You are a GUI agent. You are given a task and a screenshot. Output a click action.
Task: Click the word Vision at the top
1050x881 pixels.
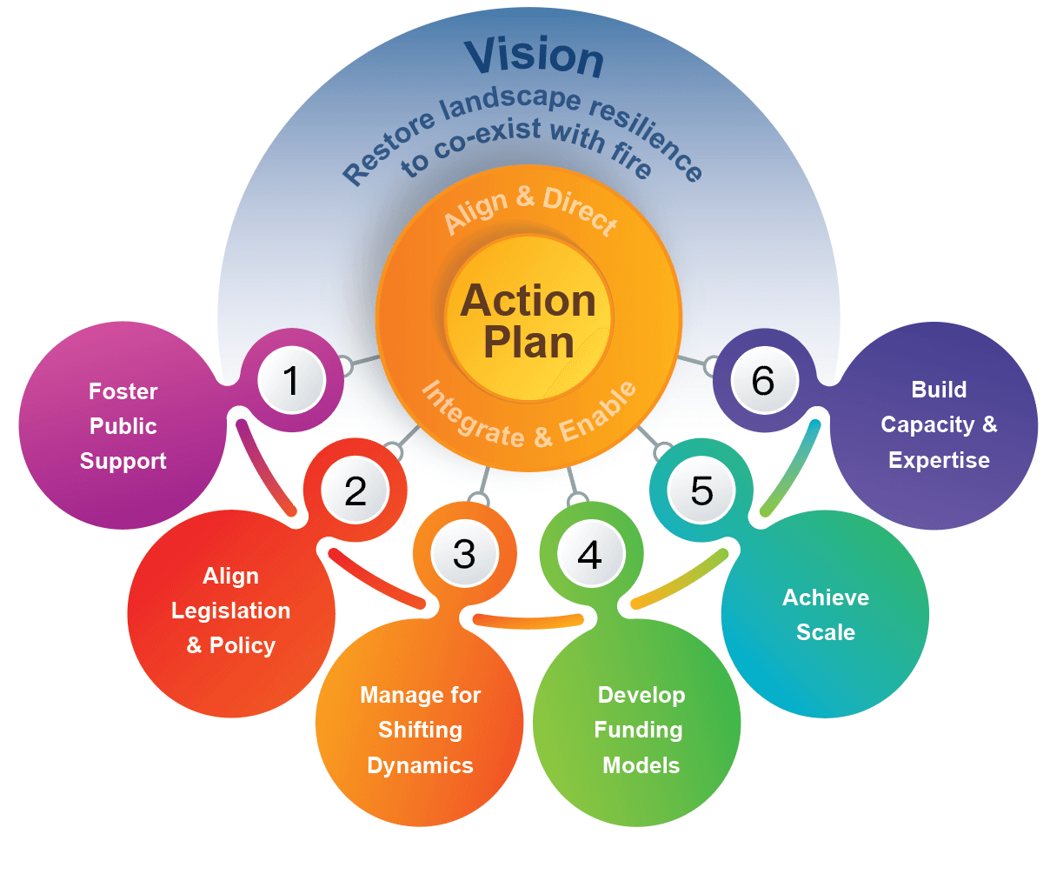(x=534, y=57)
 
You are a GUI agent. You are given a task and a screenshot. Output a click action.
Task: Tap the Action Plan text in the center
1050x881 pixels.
(x=528, y=321)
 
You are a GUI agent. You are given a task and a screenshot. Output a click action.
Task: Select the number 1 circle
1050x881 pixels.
(x=291, y=381)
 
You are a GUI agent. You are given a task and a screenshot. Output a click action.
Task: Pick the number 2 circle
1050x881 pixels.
(x=356, y=491)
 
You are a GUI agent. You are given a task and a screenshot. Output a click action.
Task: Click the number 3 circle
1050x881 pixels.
(x=464, y=554)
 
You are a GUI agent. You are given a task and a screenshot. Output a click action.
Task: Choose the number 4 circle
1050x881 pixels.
(x=590, y=554)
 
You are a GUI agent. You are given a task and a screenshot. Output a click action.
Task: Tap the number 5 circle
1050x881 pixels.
(x=701, y=491)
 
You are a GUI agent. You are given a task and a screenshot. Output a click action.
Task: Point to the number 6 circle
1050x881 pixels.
(x=763, y=381)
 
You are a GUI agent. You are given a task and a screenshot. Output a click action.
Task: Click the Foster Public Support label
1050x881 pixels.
(x=123, y=426)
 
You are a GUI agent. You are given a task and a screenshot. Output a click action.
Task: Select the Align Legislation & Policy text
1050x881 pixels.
(x=230, y=611)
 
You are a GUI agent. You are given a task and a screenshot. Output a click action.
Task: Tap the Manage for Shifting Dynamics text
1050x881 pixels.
(x=420, y=730)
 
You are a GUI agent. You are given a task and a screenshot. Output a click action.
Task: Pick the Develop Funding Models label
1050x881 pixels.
(x=640, y=730)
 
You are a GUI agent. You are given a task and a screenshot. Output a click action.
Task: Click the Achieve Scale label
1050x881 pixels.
(x=825, y=614)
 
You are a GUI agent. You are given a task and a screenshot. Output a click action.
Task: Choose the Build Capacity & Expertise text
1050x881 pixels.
(x=939, y=424)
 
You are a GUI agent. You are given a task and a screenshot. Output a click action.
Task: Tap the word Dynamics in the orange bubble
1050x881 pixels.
(x=420, y=765)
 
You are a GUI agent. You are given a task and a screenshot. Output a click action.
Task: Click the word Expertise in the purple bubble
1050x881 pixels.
(x=939, y=460)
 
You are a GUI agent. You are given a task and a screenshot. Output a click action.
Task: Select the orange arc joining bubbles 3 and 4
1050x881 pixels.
(x=528, y=621)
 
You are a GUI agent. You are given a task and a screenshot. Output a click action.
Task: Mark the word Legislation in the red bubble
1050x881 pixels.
(x=230, y=611)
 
